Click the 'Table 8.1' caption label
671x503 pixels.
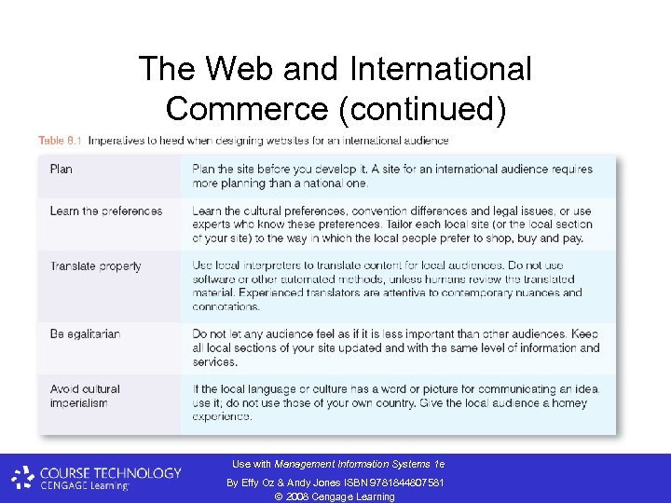coord(60,141)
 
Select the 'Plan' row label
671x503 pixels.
coord(62,170)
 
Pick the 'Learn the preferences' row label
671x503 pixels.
coord(106,211)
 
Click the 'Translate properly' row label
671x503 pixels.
coord(96,266)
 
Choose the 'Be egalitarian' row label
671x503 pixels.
coord(85,333)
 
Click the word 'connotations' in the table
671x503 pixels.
coord(226,306)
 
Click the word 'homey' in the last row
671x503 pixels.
coord(554,402)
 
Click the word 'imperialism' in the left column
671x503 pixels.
coord(79,403)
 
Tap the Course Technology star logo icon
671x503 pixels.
coord(23,479)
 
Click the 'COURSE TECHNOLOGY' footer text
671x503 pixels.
coord(111,473)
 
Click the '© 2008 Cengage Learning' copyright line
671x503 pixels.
coord(335,496)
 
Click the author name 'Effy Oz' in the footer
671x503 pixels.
coord(256,482)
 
